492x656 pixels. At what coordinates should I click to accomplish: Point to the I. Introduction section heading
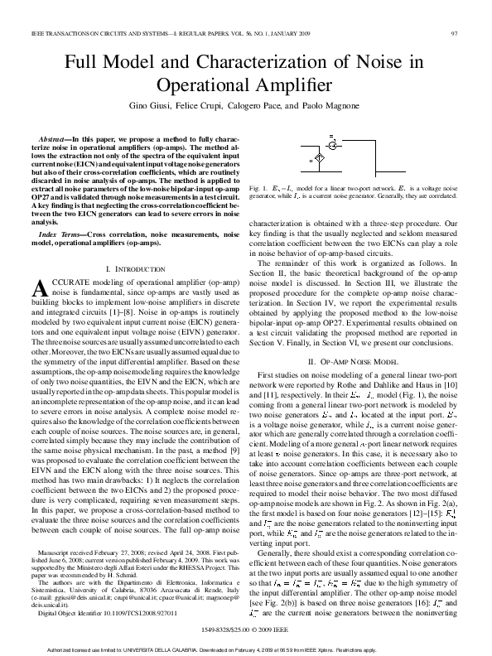[x=137, y=270]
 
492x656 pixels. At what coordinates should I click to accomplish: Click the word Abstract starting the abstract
[x=57, y=134]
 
